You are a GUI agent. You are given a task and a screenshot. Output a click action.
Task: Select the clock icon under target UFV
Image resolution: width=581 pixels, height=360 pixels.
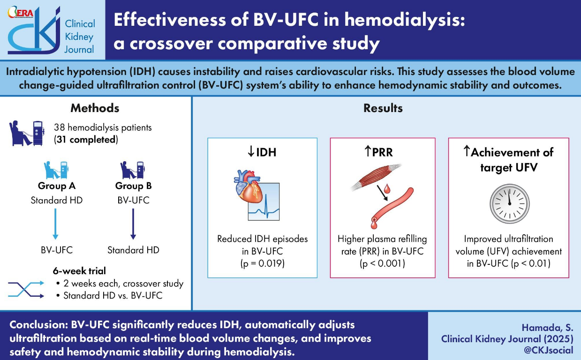tap(509, 204)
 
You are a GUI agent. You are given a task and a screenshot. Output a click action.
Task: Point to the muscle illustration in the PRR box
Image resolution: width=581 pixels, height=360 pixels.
tap(376, 178)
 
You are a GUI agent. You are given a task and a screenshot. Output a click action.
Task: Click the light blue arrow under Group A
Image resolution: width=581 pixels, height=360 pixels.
tap(55, 224)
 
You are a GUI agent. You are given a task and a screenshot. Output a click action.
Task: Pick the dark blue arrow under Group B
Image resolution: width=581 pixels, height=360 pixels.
tap(133, 224)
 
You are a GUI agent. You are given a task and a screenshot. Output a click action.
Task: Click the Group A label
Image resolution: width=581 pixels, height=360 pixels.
tap(57, 186)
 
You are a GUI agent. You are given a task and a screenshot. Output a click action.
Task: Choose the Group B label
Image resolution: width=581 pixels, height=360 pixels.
tap(133, 186)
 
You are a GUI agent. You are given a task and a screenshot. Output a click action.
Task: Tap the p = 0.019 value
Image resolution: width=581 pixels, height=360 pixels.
tap(263, 263)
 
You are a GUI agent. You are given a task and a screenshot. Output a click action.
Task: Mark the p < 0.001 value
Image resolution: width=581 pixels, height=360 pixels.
tap(382, 263)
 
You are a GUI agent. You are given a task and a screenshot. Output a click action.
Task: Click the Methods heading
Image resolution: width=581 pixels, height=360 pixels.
tap(95, 108)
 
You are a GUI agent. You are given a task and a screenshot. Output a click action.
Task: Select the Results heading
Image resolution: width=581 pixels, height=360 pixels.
tap(383, 108)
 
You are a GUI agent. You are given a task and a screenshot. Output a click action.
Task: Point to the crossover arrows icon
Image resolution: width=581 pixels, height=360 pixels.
tap(26, 289)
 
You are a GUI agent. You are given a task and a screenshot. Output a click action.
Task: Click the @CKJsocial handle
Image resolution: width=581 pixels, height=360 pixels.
tap(548, 350)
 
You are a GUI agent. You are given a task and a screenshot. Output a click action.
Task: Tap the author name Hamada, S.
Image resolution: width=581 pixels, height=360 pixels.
tap(547, 328)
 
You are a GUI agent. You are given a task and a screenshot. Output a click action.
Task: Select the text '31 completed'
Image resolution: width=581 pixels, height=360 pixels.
tap(86, 140)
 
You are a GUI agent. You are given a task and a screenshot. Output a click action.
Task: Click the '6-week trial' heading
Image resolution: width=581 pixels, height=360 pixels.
tap(79, 271)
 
